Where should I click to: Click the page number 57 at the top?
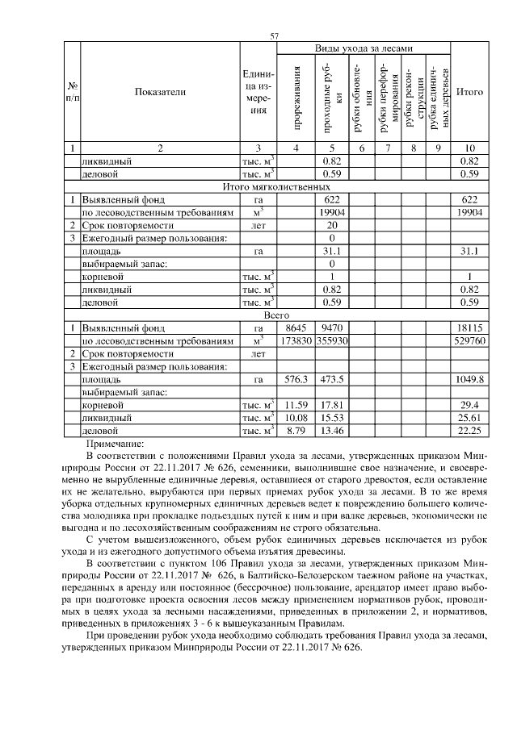click(x=274, y=35)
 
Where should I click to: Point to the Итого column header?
click(x=469, y=92)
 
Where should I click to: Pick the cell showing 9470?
click(x=332, y=328)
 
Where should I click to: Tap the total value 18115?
click(x=469, y=328)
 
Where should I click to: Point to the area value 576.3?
click(x=297, y=379)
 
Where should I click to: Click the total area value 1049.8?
click(x=469, y=379)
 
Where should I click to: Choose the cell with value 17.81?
click(x=332, y=405)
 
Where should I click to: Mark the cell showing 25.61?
click(x=469, y=418)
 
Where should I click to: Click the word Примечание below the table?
click(x=114, y=444)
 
